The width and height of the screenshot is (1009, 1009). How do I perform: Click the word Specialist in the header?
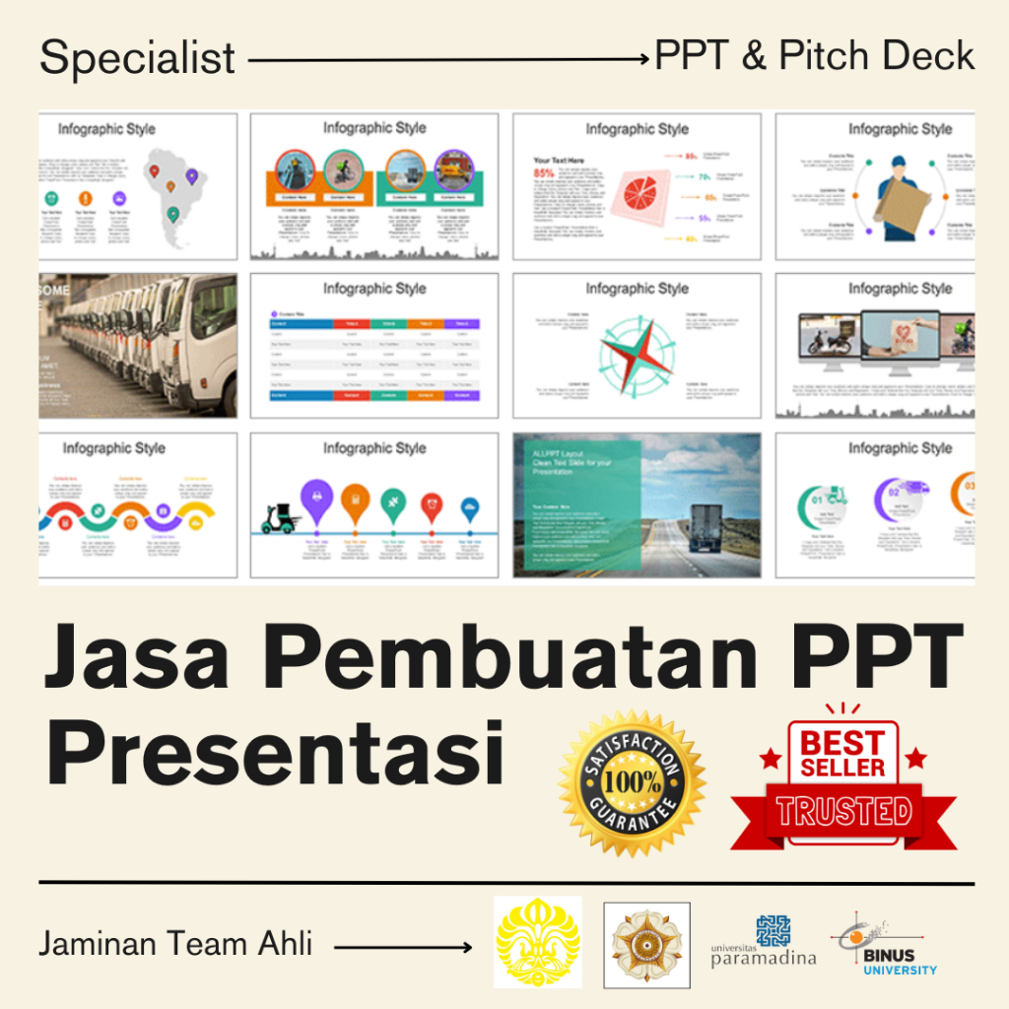[138, 59]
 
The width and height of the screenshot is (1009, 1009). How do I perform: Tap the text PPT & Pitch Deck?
[815, 57]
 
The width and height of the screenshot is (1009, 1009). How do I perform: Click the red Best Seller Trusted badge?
[842, 778]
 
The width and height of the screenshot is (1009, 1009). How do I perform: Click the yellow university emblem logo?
[537, 942]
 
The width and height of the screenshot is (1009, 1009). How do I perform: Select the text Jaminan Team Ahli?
[175, 944]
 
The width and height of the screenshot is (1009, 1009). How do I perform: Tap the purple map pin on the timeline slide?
[315, 499]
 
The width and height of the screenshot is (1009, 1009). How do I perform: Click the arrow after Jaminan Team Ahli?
[403, 948]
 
